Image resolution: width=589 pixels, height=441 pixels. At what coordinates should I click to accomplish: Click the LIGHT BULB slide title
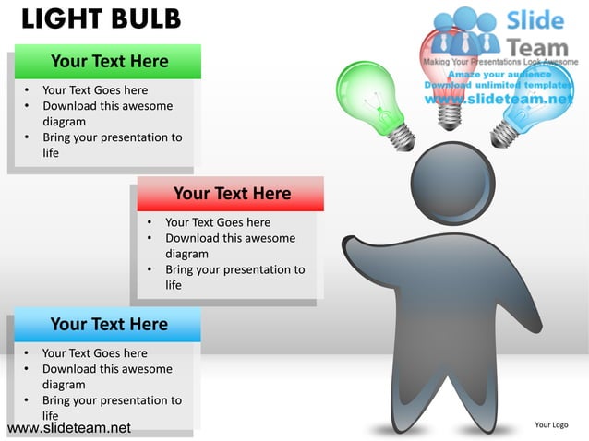101,19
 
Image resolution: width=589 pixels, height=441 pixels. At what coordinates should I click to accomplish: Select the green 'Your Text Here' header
109,62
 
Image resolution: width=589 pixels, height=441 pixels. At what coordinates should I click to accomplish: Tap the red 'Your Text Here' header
232,194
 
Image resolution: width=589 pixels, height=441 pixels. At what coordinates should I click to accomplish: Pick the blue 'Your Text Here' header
109,325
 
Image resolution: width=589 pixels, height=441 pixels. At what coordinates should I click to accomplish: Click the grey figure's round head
451,185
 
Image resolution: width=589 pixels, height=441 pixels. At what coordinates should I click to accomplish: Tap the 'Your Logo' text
551,424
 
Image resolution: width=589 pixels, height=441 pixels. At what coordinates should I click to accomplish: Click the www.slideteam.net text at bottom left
68,428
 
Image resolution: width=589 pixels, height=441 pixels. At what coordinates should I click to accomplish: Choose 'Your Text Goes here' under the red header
218,222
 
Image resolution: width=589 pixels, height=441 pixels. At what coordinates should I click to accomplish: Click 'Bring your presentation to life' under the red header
234,278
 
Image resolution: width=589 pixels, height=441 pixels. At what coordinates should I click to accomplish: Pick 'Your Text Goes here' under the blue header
95,353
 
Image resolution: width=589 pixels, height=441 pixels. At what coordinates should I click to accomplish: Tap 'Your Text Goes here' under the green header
95,90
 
